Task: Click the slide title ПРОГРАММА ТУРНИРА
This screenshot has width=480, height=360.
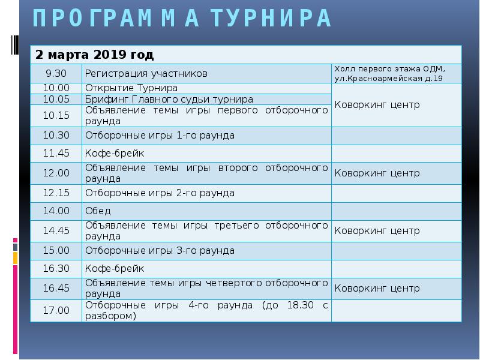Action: [x=182, y=19]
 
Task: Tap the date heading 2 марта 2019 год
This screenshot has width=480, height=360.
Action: [x=94, y=55]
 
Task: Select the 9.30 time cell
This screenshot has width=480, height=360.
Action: [x=56, y=73]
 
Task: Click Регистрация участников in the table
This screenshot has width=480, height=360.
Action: [x=146, y=73]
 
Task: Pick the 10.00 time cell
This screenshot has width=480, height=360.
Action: [x=56, y=88]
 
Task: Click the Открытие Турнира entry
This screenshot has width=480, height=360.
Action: [x=131, y=88]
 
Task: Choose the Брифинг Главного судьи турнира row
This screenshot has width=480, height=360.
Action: [x=169, y=99]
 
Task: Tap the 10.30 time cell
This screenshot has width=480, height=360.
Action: [x=56, y=136]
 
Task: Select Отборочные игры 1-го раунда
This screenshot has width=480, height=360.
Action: [x=160, y=136]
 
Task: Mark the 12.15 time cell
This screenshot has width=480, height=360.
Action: [x=56, y=193]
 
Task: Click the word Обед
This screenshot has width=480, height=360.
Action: [x=98, y=211]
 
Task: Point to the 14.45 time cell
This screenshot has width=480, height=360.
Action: [x=56, y=230]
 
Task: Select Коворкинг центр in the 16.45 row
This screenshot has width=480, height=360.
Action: [x=376, y=288]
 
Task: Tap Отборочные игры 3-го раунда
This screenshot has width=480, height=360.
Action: [x=160, y=251]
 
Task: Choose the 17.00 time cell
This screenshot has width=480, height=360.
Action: [x=56, y=310]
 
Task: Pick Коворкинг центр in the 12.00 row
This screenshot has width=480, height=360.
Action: [x=376, y=173]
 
